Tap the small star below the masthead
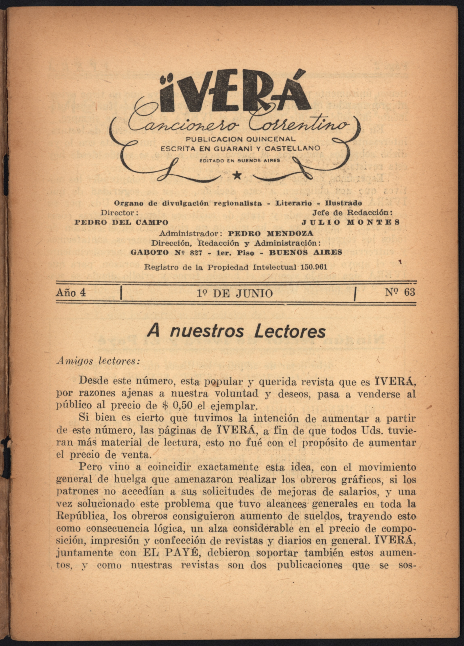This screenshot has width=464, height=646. tap(237, 176)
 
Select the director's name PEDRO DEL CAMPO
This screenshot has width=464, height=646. tap(121, 222)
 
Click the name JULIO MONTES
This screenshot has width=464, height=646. tap(351, 222)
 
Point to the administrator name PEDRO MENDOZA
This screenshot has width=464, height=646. tap(271, 234)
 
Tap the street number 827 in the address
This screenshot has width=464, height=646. tap(194, 253)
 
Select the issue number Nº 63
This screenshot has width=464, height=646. tap(400, 293)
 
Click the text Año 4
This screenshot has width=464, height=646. tap(71, 293)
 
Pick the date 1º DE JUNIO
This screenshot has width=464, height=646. tap(235, 293)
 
